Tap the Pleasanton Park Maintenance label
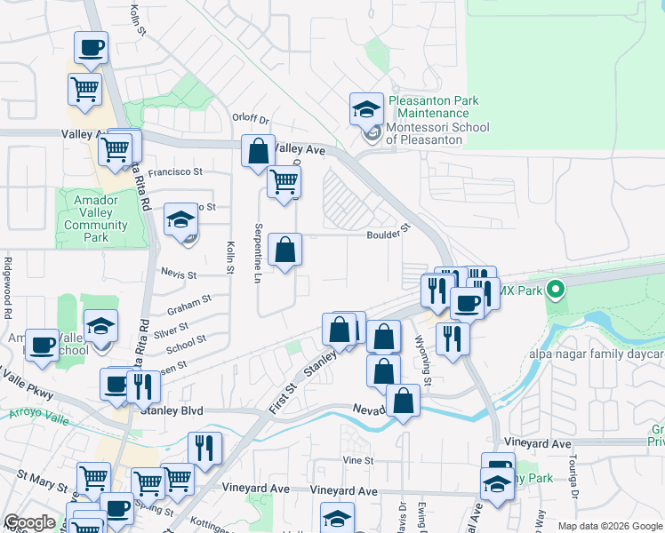click(433, 107)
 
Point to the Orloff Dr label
click(250, 120)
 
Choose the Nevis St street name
click(179, 275)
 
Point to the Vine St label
click(357, 461)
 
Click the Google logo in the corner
click(29, 522)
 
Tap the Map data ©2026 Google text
click(609, 526)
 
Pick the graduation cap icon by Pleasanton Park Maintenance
click(365, 109)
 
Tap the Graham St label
click(188, 306)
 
